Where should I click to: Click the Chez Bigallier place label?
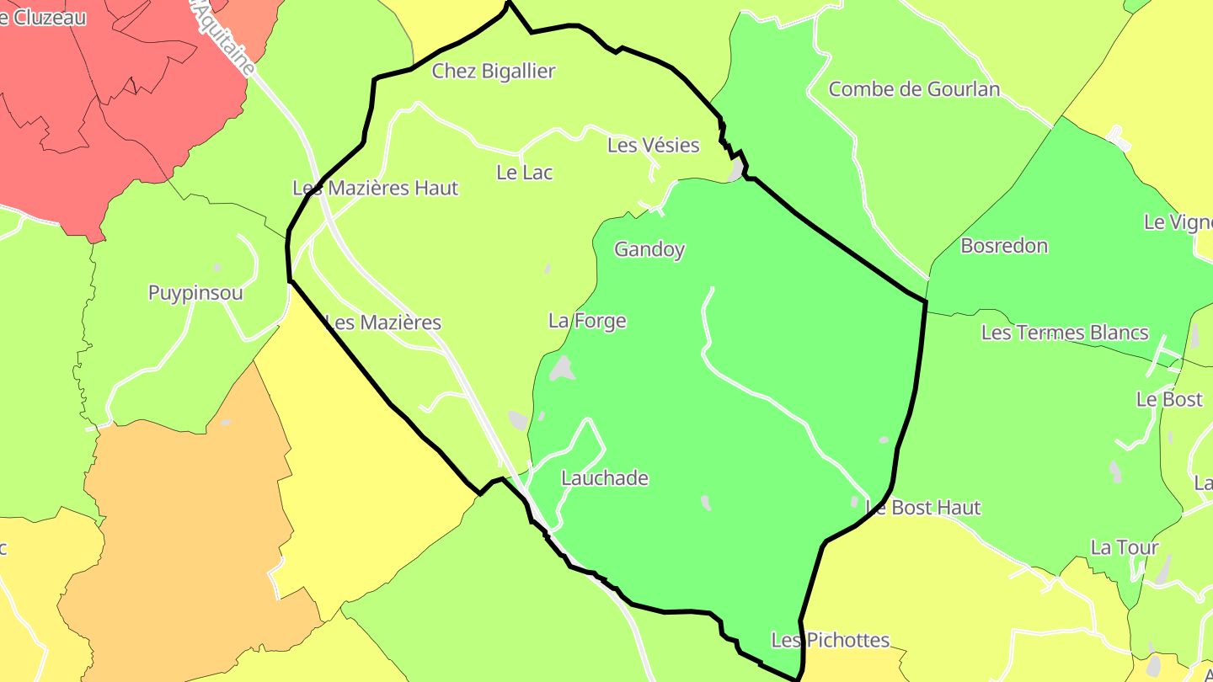point(494,72)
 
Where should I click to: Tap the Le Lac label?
point(525,173)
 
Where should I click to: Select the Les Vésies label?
point(654,146)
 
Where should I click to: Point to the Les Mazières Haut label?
point(376,188)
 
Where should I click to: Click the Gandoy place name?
point(649,249)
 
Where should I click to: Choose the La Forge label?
point(587,321)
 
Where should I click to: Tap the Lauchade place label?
point(605,478)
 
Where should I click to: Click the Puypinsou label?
point(195,293)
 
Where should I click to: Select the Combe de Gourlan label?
point(914,89)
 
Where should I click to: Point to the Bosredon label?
point(1004,246)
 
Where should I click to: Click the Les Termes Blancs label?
point(1065,333)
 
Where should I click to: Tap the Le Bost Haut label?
point(924,508)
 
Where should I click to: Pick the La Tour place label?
point(1125,547)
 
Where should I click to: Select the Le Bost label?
point(1169,399)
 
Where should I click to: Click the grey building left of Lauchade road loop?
point(517,420)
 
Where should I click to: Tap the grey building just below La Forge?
point(562,368)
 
